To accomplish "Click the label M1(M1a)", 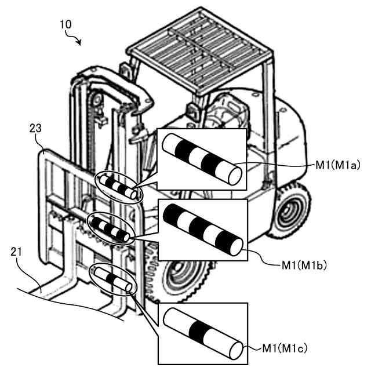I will tap(338, 164).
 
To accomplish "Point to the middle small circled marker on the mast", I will tap(110, 228).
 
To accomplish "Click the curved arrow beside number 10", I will tap(75, 39).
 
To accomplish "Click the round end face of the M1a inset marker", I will tap(235, 174).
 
